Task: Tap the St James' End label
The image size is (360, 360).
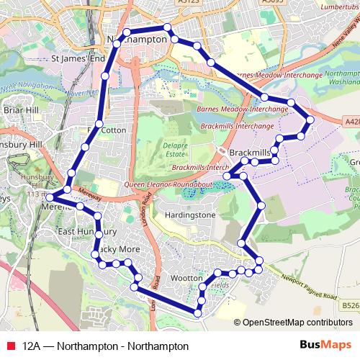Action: coord(79,58)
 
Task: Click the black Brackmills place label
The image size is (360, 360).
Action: coord(251,153)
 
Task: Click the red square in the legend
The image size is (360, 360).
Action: coord(10,346)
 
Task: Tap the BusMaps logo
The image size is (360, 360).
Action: coord(325,345)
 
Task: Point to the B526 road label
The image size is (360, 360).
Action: coord(351,305)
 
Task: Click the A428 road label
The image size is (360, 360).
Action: coord(351,122)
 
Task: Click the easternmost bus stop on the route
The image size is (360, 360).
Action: coord(310,120)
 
